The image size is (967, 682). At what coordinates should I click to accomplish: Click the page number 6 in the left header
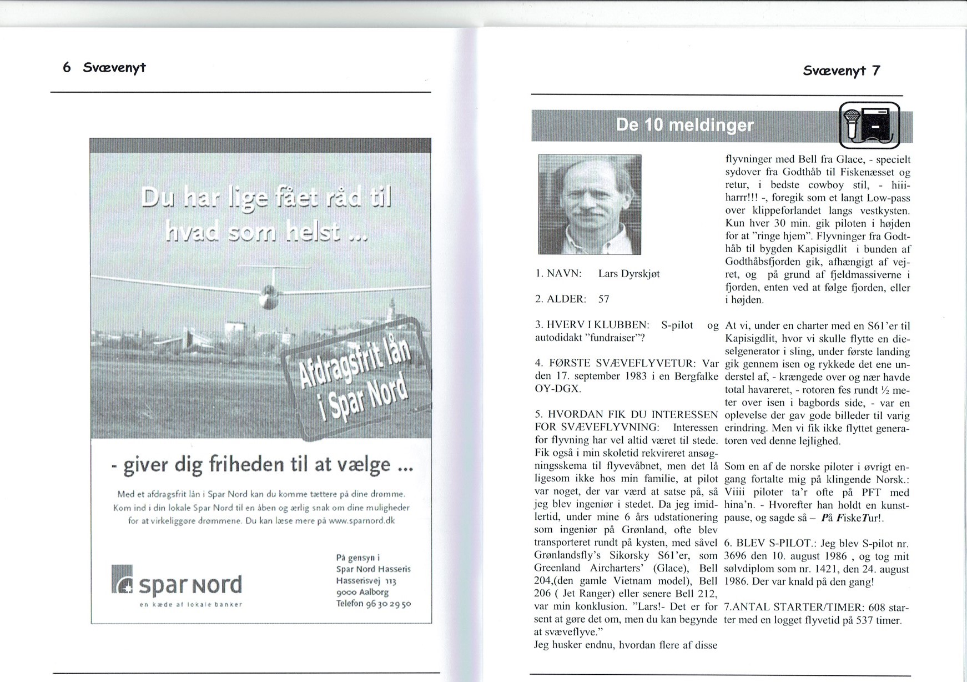(x=67, y=68)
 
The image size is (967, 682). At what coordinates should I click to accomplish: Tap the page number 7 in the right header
(x=875, y=71)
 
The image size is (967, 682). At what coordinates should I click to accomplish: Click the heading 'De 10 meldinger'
(x=685, y=125)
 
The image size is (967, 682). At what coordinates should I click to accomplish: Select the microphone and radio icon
(x=869, y=126)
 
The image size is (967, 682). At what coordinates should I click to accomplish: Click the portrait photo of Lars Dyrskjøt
(x=590, y=204)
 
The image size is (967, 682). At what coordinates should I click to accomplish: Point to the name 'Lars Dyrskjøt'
(x=629, y=274)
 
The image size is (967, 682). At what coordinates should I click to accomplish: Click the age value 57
(x=603, y=299)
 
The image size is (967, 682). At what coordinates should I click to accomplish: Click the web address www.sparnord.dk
(x=361, y=521)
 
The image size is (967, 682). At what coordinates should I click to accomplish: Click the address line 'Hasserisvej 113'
(x=366, y=580)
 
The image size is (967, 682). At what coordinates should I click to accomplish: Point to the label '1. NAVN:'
(x=558, y=274)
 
